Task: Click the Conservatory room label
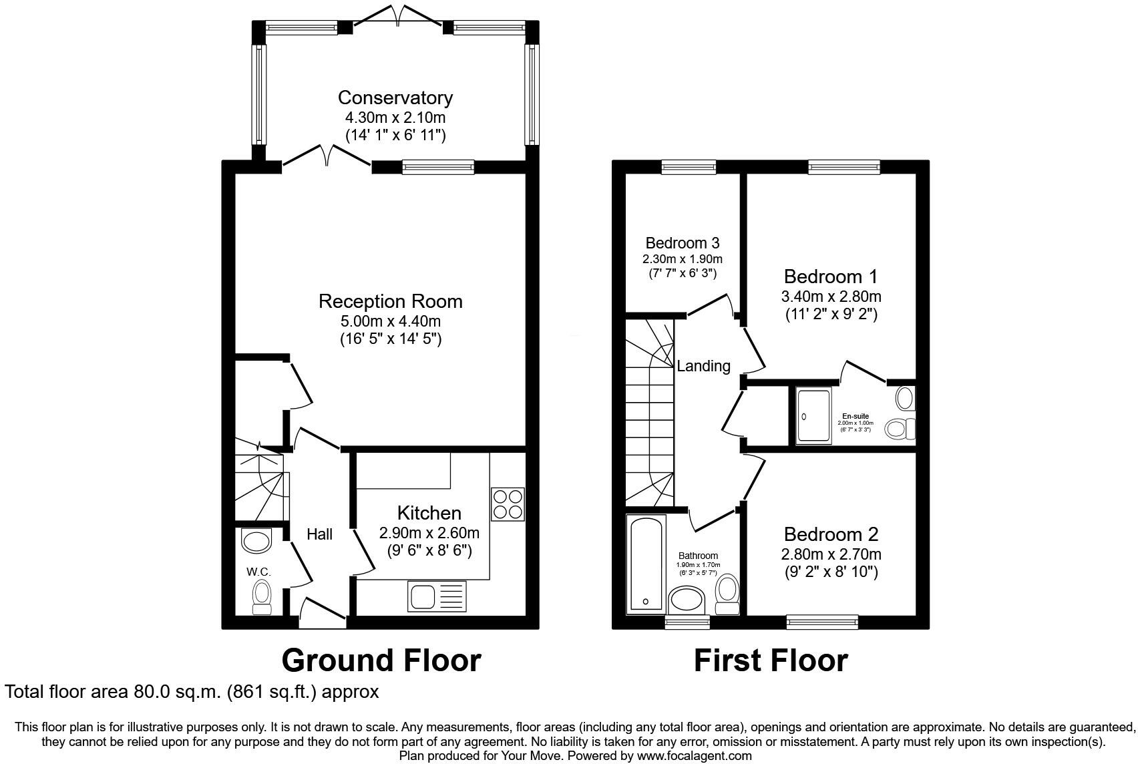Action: (x=395, y=98)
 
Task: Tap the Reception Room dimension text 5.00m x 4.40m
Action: (x=391, y=321)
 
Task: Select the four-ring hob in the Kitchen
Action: (x=508, y=504)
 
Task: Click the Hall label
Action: (x=319, y=534)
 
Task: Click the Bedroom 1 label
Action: (x=830, y=276)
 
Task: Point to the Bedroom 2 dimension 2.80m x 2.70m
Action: (x=831, y=554)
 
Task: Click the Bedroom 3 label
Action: (x=682, y=243)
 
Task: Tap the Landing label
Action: (x=703, y=366)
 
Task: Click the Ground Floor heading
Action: (x=381, y=660)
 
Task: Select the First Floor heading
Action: (x=771, y=660)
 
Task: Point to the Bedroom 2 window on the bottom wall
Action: (x=822, y=622)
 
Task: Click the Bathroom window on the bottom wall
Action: (x=687, y=622)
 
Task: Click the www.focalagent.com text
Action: (x=694, y=756)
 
